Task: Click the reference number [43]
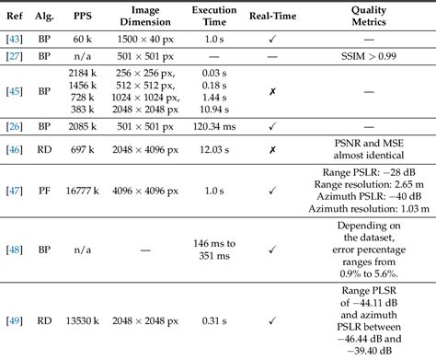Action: pyautogui.click(x=15, y=42)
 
